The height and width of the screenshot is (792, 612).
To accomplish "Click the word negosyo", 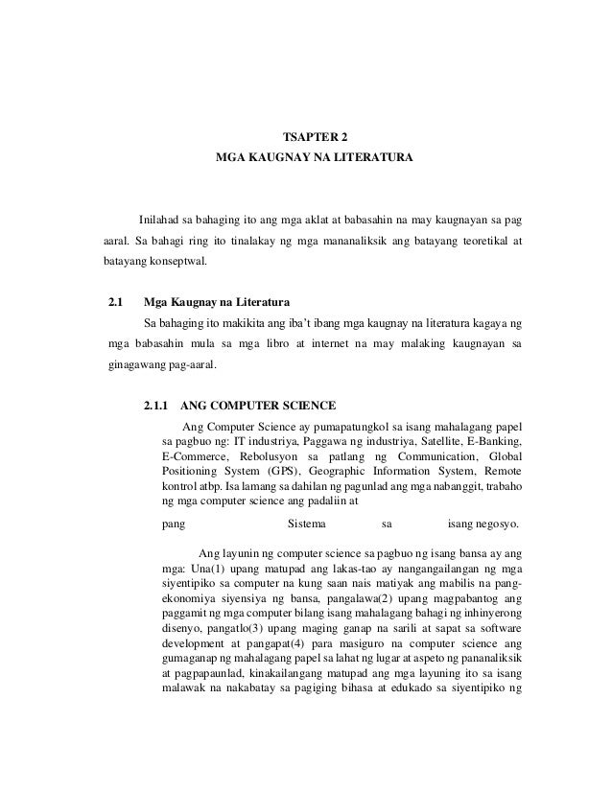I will [496, 524].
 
